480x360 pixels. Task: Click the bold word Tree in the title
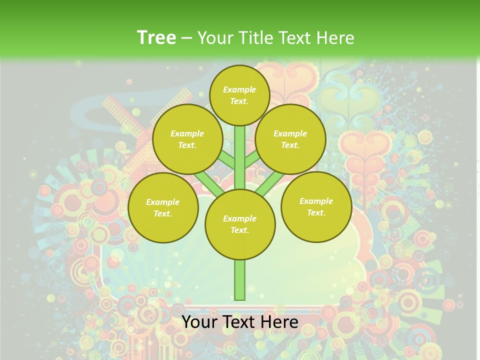pos(156,37)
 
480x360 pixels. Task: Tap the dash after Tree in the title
pos(186,38)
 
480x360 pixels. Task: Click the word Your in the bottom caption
pos(199,322)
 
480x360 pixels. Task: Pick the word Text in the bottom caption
pos(240,322)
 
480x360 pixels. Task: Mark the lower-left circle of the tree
pos(163,207)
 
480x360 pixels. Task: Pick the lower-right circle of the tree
pos(316,206)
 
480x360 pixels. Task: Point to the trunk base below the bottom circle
pos(240,280)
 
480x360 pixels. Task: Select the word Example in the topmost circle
pos(239,89)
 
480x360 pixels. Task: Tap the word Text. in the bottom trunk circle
pos(239,230)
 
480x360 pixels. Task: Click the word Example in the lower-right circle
pos(316,201)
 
